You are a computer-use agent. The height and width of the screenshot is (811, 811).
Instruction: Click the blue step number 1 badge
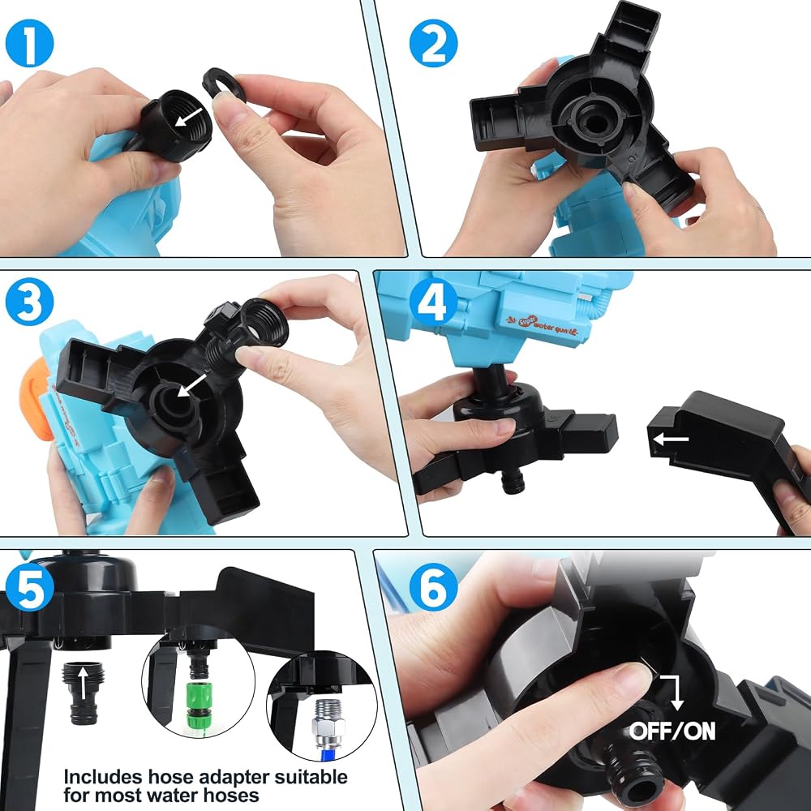pyautogui.click(x=29, y=43)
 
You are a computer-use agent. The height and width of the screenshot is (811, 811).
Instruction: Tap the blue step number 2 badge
pyautogui.click(x=433, y=43)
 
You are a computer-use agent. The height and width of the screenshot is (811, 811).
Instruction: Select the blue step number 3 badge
pyautogui.click(x=29, y=302)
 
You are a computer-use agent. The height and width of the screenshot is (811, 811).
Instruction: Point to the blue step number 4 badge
pyautogui.click(x=433, y=302)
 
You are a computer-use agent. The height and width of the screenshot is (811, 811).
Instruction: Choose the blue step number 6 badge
pyautogui.click(x=433, y=587)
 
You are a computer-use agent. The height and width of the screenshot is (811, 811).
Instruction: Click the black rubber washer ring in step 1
pyautogui.click(x=224, y=84)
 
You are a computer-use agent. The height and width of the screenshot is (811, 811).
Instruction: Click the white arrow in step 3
pyautogui.click(x=191, y=384)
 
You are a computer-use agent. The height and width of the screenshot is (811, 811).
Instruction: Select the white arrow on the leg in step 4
pyautogui.click(x=671, y=440)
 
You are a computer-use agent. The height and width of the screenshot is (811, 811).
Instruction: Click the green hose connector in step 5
pyautogui.click(x=199, y=702)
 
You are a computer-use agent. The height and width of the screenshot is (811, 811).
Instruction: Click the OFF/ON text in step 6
pyautogui.click(x=672, y=731)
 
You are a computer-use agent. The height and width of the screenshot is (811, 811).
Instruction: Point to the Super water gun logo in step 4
pyautogui.click(x=541, y=324)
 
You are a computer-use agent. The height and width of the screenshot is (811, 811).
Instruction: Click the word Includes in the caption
pyautogui.click(x=102, y=777)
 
